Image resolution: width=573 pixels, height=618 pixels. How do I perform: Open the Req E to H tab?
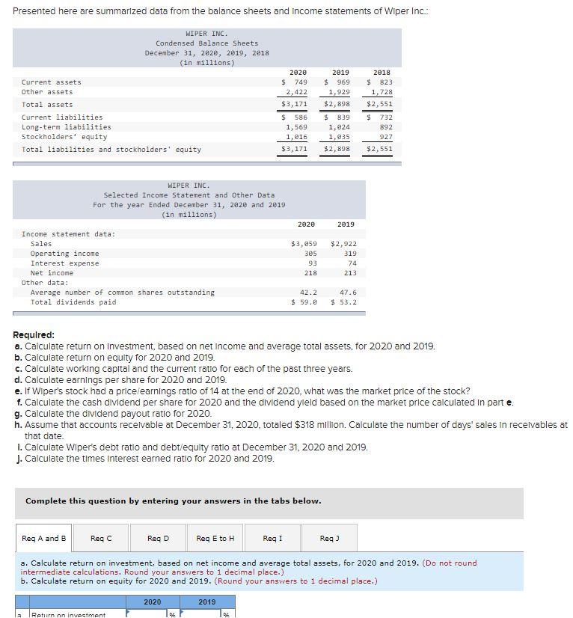click(215, 538)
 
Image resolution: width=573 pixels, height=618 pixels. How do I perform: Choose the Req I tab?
click(273, 538)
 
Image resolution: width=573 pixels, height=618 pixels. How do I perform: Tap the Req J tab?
click(329, 538)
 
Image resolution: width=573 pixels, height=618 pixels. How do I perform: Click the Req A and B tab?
click(44, 538)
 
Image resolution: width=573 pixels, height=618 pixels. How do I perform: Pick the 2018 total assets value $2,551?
click(379, 104)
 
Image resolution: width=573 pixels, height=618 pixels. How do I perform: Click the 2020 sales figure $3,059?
click(304, 244)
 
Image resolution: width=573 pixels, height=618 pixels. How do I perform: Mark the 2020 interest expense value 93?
click(312, 263)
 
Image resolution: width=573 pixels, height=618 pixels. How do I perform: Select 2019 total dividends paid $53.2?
click(343, 302)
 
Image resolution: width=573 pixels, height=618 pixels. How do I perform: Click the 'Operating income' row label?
click(64, 254)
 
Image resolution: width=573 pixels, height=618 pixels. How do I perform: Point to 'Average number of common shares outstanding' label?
click(122, 293)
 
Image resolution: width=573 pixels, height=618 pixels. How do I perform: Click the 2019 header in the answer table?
click(207, 602)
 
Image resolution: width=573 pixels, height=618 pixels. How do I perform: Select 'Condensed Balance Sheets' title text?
click(206, 43)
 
